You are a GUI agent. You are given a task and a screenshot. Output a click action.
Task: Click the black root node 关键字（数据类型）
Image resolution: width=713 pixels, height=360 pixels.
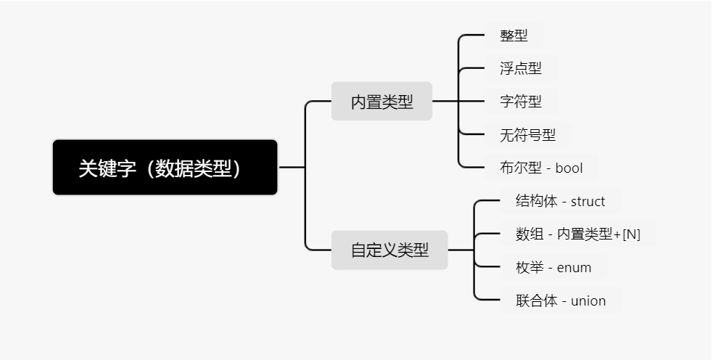pyautogui.click(x=165, y=168)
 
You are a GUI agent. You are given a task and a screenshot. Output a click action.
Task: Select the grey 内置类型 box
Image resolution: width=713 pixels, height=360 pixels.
pyautogui.click(x=382, y=102)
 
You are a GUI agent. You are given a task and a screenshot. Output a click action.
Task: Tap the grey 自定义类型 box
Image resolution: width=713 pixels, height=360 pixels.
pyautogui.click(x=390, y=250)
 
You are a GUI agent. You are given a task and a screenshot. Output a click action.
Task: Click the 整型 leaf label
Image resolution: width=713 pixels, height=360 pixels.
pyautogui.click(x=514, y=36)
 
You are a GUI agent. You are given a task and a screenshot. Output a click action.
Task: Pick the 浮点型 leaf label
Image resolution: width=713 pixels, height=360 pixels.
pyautogui.click(x=521, y=69)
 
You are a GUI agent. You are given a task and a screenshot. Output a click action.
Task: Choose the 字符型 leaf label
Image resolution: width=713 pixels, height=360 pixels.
pyautogui.click(x=521, y=102)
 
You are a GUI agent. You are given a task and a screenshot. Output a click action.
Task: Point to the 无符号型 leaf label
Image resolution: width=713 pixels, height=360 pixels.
pyautogui.click(x=527, y=134)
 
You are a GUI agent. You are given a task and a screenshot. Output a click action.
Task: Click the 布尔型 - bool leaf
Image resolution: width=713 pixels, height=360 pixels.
pyautogui.click(x=541, y=168)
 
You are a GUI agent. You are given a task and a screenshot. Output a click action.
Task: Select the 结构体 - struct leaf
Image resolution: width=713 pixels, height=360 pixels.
pyautogui.click(x=560, y=201)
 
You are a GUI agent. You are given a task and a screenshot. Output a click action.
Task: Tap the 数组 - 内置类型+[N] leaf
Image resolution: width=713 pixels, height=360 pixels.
pyautogui.click(x=577, y=234)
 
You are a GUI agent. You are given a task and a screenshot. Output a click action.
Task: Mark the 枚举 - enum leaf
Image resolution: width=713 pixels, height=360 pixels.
pyautogui.click(x=553, y=268)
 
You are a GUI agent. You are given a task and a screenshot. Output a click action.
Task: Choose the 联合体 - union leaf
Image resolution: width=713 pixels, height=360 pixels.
pyautogui.click(x=560, y=300)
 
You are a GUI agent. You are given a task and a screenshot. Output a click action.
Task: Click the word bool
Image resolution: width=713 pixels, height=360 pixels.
pyautogui.click(x=569, y=168)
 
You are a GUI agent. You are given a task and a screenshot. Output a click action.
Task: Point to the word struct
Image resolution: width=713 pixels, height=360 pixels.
pyautogui.click(x=588, y=201)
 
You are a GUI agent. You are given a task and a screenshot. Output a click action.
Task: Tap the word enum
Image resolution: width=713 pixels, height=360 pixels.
pyautogui.click(x=574, y=268)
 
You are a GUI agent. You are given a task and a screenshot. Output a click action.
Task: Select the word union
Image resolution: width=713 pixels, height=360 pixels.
pyautogui.click(x=588, y=300)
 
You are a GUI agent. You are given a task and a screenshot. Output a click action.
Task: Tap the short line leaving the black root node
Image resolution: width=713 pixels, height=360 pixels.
pyautogui.click(x=292, y=168)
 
